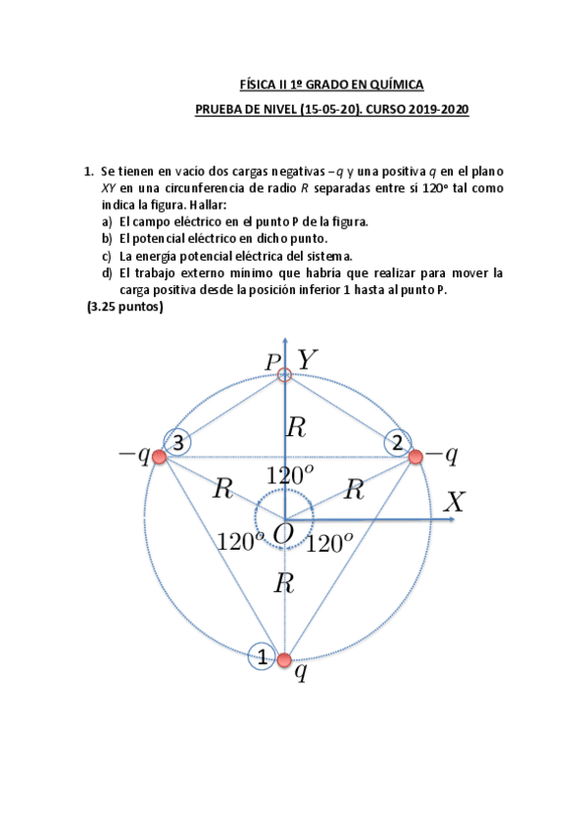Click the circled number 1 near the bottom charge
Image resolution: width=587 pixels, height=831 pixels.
(x=262, y=658)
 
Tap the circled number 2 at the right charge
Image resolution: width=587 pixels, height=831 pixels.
(x=397, y=444)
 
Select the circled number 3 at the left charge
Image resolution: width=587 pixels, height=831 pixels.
(x=177, y=444)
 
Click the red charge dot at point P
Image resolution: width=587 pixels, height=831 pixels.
(x=285, y=374)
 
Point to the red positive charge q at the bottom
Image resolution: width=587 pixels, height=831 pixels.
(x=285, y=659)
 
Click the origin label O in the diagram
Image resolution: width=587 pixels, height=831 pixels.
(x=283, y=534)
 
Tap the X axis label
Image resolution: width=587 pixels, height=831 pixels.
(x=454, y=503)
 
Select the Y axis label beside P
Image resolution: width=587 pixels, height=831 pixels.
(x=308, y=361)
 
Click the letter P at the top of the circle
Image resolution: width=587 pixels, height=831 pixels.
(x=273, y=362)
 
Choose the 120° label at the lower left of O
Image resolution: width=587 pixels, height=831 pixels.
(x=240, y=542)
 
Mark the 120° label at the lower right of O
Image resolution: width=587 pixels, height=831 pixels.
(x=330, y=544)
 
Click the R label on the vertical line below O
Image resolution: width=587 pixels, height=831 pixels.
(x=284, y=585)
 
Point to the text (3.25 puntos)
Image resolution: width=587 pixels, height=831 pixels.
(x=124, y=308)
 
